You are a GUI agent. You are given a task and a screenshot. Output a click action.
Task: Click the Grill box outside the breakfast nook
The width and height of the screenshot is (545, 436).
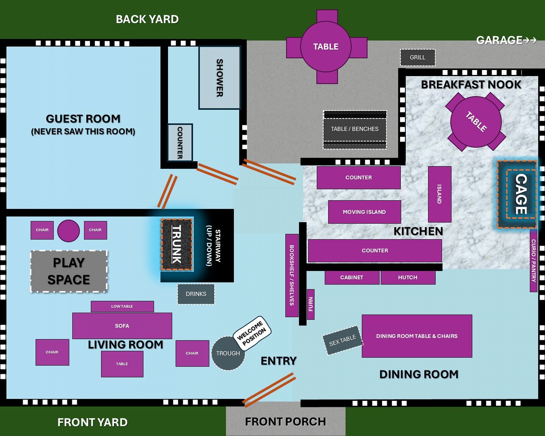click(x=417, y=58)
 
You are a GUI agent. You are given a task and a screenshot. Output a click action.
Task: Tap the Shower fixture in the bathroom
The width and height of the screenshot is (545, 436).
click(x=220, y=78)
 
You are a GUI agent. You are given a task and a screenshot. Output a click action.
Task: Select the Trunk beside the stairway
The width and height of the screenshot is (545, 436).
click(x=177, y=244)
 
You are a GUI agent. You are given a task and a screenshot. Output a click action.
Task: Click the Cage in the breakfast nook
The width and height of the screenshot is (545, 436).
click(x=521, y=194)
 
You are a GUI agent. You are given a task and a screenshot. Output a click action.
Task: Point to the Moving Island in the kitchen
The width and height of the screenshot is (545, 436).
click(x=364, y=212)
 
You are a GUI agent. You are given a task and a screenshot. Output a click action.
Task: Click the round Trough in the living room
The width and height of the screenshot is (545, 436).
click(x=228, y=353)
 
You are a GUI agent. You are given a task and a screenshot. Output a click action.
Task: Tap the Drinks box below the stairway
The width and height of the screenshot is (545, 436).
click(x=196, y=294)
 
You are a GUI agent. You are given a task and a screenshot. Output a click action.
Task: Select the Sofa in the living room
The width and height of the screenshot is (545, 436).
click(x=122, y=326)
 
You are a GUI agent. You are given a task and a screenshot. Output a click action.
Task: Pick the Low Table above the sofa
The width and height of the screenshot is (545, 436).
click(x=122, y=306)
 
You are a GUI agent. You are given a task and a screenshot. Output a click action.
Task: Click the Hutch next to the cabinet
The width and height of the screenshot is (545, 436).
click(x=408, y=277)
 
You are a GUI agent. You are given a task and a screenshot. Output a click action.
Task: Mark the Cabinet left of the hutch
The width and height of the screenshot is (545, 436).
click(x=352, y=277)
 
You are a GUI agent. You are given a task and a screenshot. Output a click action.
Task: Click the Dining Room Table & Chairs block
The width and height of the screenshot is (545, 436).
click(x=417, y=336)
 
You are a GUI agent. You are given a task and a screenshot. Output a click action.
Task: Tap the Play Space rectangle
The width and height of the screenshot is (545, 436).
click(x=69, y=271)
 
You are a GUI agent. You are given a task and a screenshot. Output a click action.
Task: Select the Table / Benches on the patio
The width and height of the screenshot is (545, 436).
click(x=355, y=129)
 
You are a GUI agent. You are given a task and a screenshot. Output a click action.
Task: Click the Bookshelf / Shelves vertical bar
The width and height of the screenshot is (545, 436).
click(x=291, y=275)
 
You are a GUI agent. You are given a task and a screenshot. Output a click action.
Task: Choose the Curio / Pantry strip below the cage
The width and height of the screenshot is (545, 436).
click(x=533, y=261)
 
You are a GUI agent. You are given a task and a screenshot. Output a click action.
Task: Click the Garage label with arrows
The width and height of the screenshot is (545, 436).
click(x=506, y=40)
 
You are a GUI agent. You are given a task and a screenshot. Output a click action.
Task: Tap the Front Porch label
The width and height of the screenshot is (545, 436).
click(x=285, y=422)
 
